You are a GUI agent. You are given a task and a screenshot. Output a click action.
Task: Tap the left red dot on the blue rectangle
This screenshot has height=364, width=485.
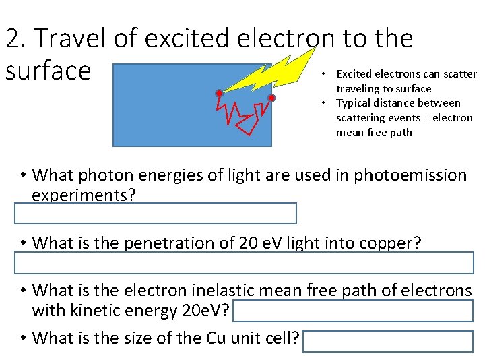[x=219, y=92]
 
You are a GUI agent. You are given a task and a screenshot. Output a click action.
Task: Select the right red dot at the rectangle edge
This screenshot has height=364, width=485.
[x=271, y=98]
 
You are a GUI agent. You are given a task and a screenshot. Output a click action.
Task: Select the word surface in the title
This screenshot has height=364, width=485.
[x=47, y=70]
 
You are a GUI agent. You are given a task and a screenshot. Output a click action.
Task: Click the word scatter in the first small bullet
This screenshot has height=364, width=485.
[x=459, y=74]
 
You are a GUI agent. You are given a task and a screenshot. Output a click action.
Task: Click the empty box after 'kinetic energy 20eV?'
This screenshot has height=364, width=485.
[x=354, y=311]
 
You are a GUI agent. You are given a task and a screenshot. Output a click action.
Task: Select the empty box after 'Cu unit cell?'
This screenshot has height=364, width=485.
[x=388, y=342]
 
